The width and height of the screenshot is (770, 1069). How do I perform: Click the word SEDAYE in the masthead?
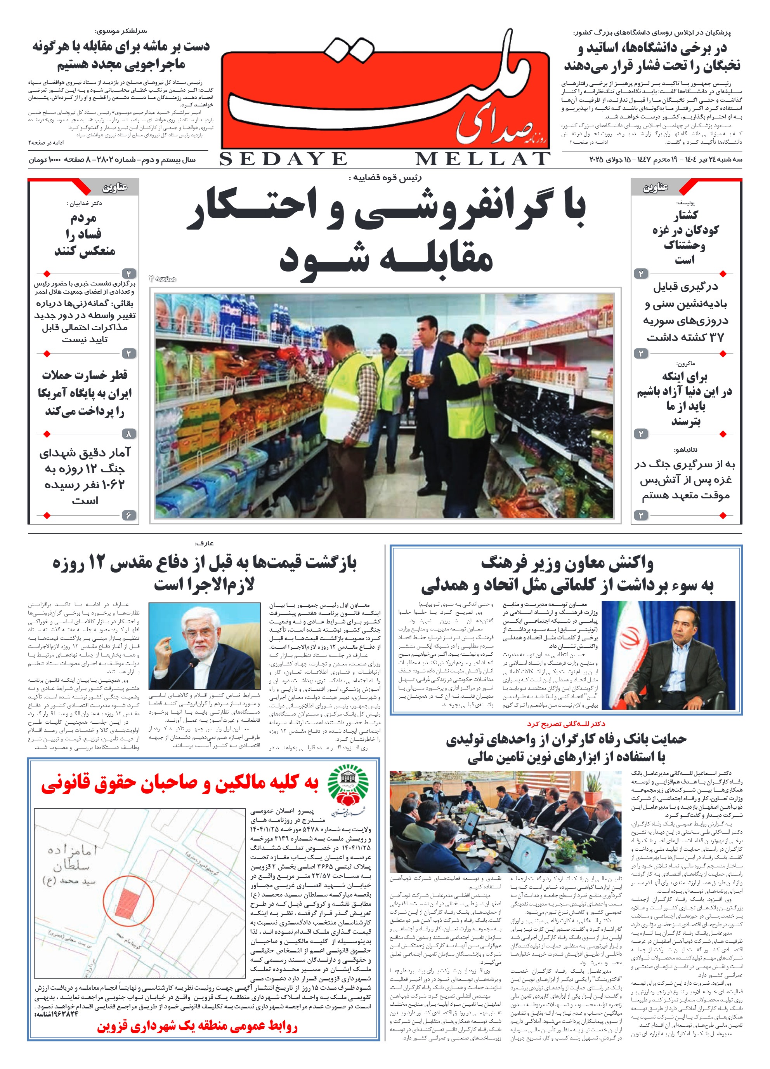pyautogui.click(x=283, y=159)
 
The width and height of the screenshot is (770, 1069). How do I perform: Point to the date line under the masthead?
pyautogui.click(x=666, y=160)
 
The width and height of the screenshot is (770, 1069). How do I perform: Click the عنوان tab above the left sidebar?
pyautogui.click(x=115, y=188)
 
